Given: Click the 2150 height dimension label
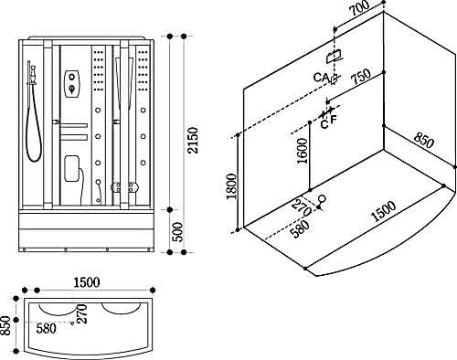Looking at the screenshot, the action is pos(193,141).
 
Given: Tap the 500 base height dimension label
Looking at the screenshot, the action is pos(177,232).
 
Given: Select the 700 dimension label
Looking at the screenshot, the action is pos(359,9).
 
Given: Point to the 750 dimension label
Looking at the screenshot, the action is pos(361,77).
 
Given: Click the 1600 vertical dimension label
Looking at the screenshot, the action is pos(303,151).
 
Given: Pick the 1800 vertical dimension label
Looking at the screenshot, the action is pos(231,186).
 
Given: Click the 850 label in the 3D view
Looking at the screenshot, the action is pos(423,141).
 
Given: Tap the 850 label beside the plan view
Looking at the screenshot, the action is pos(5,325).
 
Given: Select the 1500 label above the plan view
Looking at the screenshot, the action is pos(87,282).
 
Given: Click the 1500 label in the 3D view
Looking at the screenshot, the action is pos(384,211).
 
